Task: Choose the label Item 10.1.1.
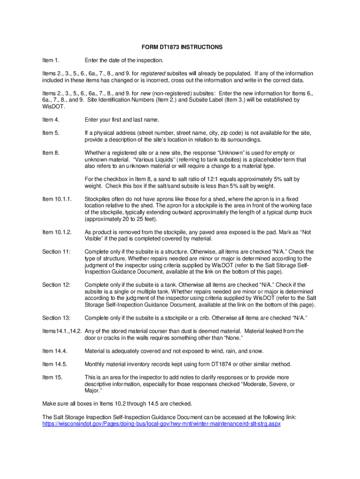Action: click(x=57, y=199)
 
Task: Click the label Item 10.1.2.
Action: click(x=57, y=232)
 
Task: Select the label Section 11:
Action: click(x=56, y=252)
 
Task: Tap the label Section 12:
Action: click(x=56, y=285)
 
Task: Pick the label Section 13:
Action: click(x=56, y=318)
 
